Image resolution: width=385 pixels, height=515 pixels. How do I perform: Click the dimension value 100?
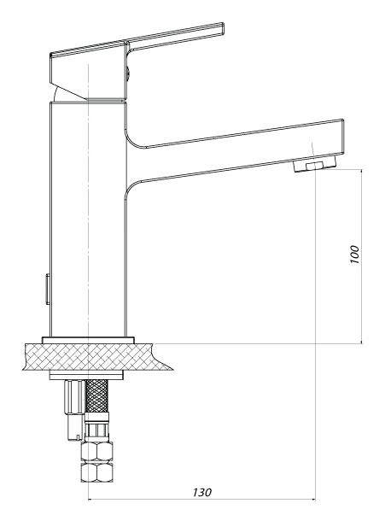click(x=355, y=254)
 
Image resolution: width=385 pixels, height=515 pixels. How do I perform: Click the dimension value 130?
click(x=202, y=492)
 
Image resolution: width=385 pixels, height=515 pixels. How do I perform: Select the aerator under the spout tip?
click(x=315, y=164)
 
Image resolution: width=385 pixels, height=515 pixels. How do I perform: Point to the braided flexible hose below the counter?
click(x=96, y=395)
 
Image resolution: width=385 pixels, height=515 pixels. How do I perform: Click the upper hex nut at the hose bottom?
click(x=96, y=452)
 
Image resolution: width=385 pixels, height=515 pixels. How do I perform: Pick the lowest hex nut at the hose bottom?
click(x=96, y=472)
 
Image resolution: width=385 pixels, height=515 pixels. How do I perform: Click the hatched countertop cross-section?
click(x=96, y=357)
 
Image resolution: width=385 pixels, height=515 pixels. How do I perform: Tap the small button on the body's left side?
click(x=48, y=289)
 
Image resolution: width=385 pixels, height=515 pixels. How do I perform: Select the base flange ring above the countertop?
click(x=88, y=340)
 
